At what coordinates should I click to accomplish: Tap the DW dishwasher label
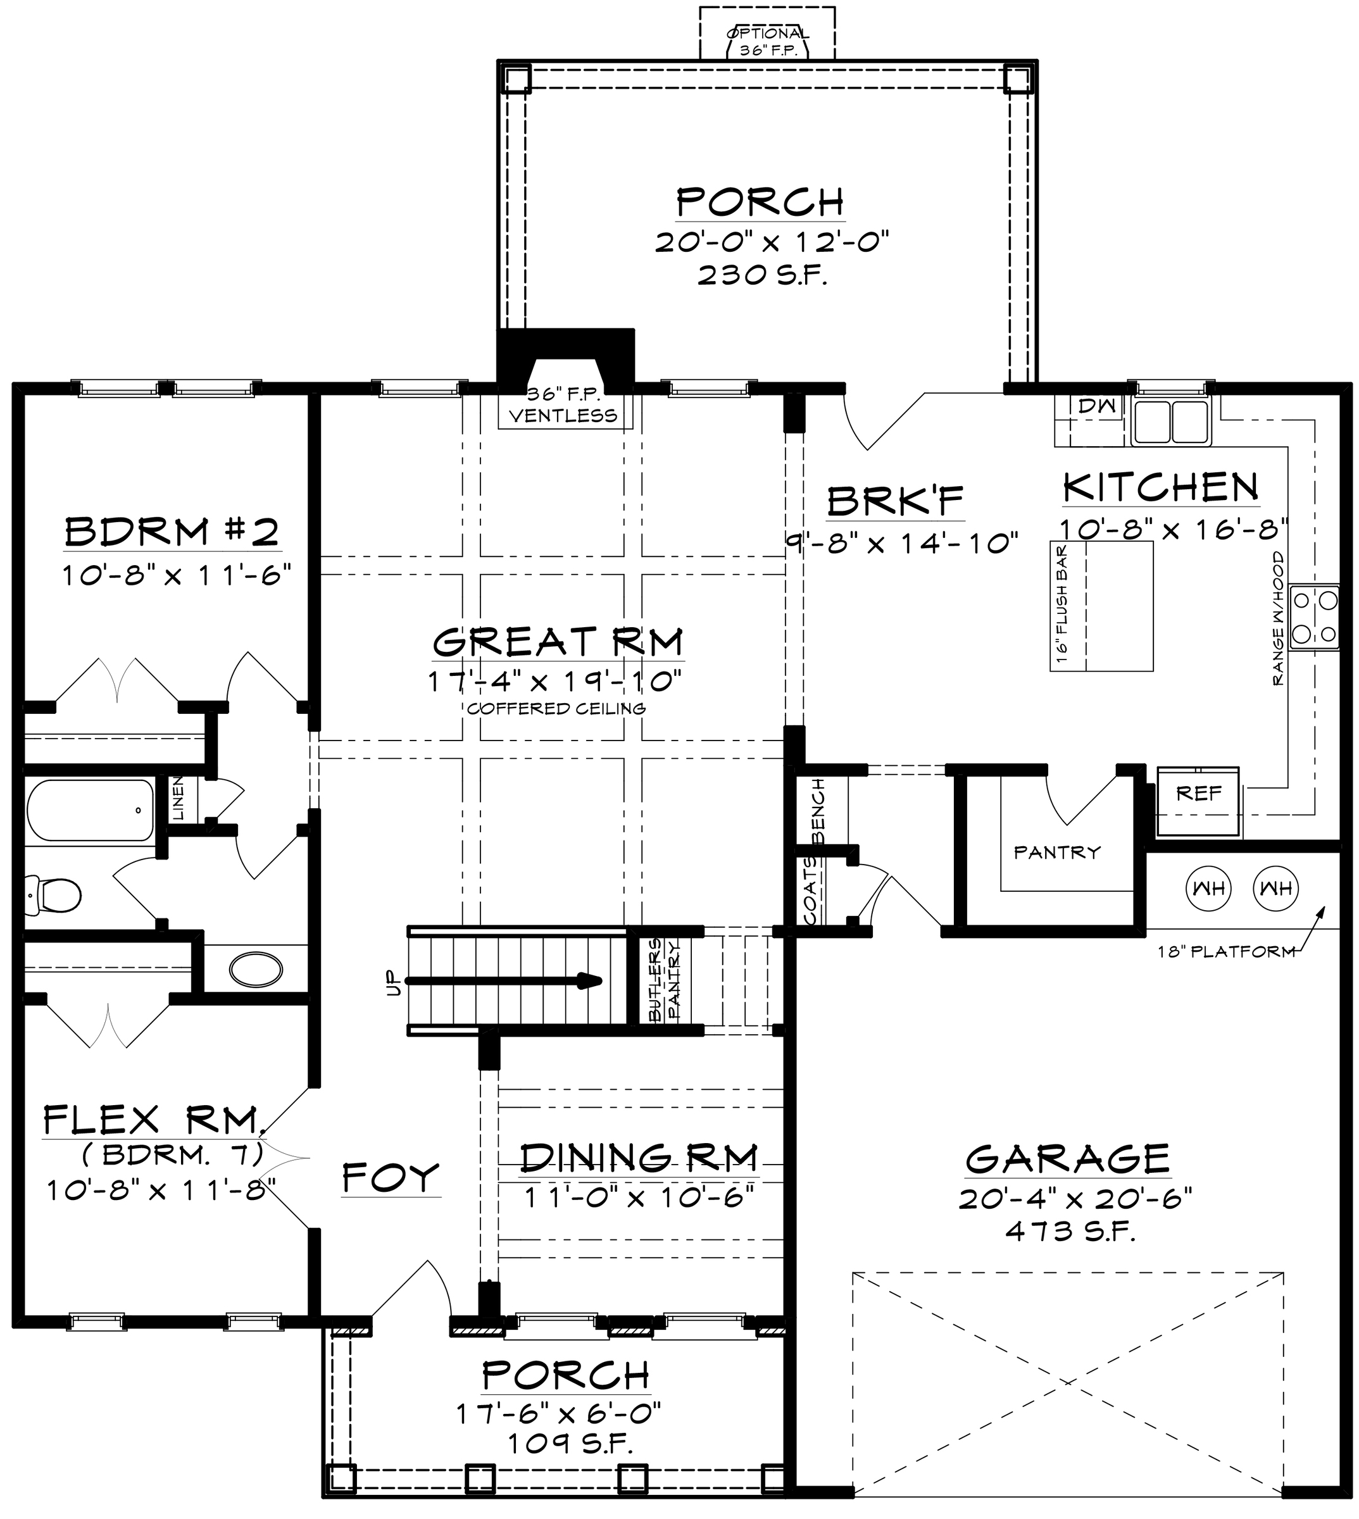(1097, 406)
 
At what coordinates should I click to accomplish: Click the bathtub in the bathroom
(91, 810)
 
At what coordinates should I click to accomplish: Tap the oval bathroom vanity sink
(256, 970)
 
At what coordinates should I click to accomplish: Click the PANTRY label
(1057, 852)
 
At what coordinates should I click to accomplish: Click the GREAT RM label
(558, 641)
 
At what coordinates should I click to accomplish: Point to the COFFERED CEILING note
(556, 708)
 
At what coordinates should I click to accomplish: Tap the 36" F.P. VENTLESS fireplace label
(564, 406)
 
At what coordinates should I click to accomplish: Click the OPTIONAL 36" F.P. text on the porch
(767, 42)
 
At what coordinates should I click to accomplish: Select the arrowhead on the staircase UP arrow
(591, 980)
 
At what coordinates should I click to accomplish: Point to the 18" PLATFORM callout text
(1226, 951)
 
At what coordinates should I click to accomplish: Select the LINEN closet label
(178, 798)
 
